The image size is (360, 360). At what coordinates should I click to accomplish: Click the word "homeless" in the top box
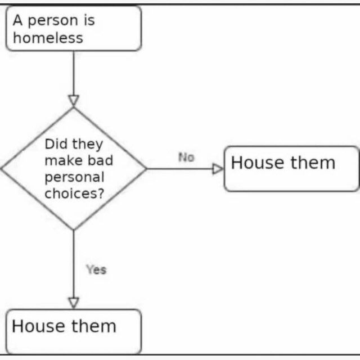pos(48,38)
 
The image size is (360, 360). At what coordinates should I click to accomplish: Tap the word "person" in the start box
pos(53,21)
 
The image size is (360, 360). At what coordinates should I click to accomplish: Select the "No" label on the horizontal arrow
pos(186,157)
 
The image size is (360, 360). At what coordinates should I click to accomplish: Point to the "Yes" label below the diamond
pos(96,269)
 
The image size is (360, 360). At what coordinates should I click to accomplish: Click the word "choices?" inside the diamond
pos(74,193)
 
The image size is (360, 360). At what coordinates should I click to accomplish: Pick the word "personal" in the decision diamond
pos(74,178)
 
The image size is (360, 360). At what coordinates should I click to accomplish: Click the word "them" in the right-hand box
pos(313,163)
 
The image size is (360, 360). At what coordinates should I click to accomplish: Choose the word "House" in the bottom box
pos(38,326)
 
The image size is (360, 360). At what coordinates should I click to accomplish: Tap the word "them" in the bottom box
pos(94,326)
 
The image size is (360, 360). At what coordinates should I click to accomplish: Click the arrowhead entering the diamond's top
pos(74,101)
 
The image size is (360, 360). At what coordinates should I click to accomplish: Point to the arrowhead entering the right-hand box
pos(218,169)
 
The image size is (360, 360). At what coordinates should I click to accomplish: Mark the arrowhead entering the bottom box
pos(74,303)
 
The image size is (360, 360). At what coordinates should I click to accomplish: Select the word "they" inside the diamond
pos(88,145)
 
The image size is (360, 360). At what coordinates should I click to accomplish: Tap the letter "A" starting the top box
pos(18,20)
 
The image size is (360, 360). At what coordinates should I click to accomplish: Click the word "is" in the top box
pos(89,20)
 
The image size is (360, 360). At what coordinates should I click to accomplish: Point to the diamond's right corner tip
pos(146,169)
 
